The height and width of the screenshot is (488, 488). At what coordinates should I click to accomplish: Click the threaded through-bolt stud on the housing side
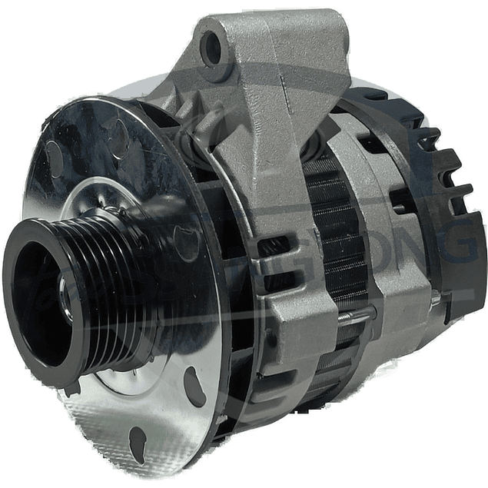360,313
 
